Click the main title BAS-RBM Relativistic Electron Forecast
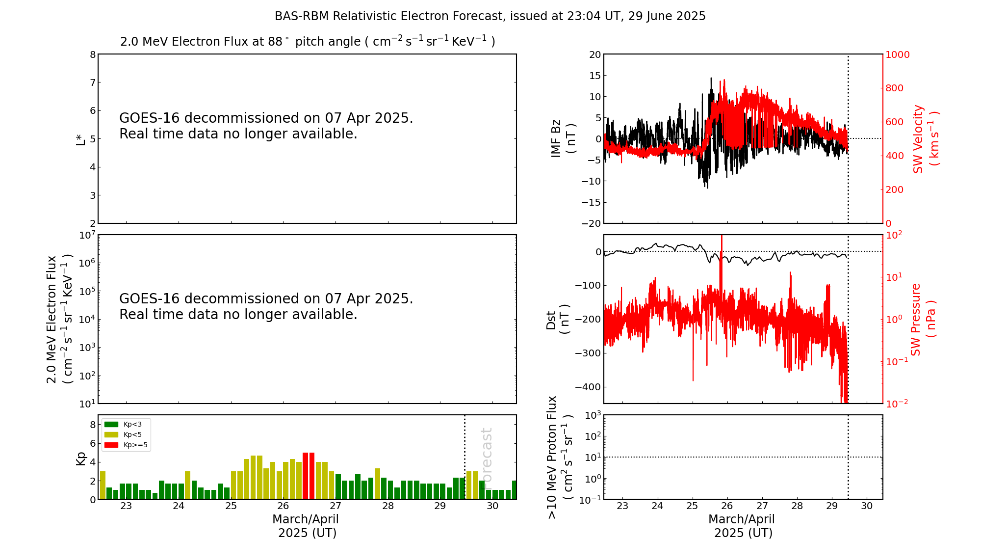click(490, 16)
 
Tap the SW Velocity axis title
click(925, 138)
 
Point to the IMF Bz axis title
click(563, 138)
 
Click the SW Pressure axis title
click(923, 319)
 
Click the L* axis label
click(81, 138)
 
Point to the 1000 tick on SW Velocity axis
click(897, 54)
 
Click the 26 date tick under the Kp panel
click(283, 506)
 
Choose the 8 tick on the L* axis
click(92, 54)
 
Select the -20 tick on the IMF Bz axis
click(590, 223)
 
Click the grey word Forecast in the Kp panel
click(487, 454)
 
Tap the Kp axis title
click(81, 458)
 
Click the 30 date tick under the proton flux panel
click(867, 506)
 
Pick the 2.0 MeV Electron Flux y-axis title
click(59, 319)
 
